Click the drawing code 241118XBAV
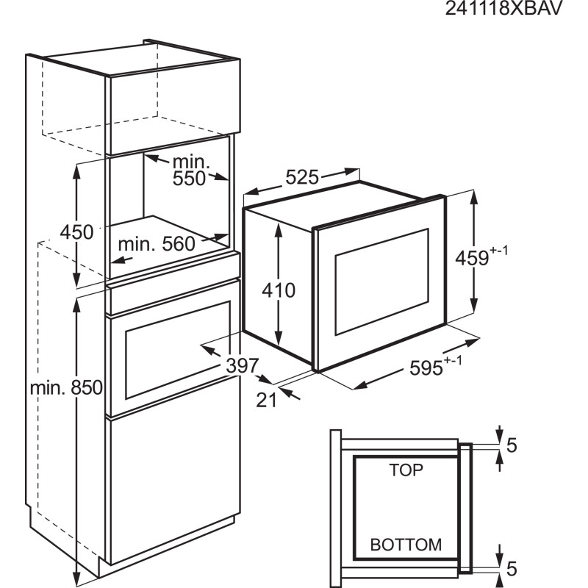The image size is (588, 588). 503,7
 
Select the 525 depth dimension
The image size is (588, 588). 302,177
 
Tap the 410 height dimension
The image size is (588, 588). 279,290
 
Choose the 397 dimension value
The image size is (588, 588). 243,365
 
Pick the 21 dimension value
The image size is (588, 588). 266,400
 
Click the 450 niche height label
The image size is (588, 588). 76,232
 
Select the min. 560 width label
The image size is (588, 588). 157,244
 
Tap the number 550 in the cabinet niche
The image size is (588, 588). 189,179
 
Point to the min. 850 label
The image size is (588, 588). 66,388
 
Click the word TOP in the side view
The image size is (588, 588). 406,470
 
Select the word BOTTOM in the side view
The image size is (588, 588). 406,545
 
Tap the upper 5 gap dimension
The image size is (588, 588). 512,445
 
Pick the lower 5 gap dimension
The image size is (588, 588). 512,568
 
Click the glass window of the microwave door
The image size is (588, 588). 381,282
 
